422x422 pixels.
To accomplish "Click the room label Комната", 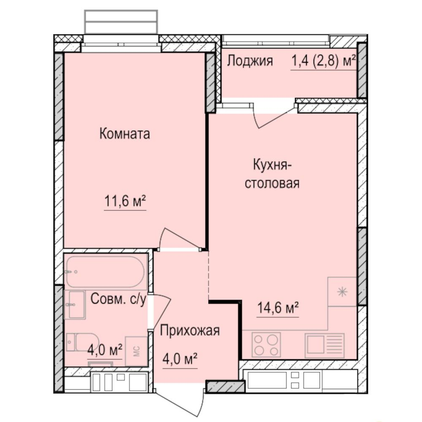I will [x=124, y=134].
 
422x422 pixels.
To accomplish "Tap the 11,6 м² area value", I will [x=125, y=202].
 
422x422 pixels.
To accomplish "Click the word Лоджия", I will [x=250, y=61].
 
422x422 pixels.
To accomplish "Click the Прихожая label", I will [x=189, y=330].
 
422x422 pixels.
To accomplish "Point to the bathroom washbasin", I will [x=76, y=304].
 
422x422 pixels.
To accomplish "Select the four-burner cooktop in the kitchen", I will [x=266, y=344].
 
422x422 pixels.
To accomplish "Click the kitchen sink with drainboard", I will [x=324, y=344].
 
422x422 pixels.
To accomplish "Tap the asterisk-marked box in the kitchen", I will [x=342, y=291].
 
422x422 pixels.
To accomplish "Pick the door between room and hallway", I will [x=179, y=239].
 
